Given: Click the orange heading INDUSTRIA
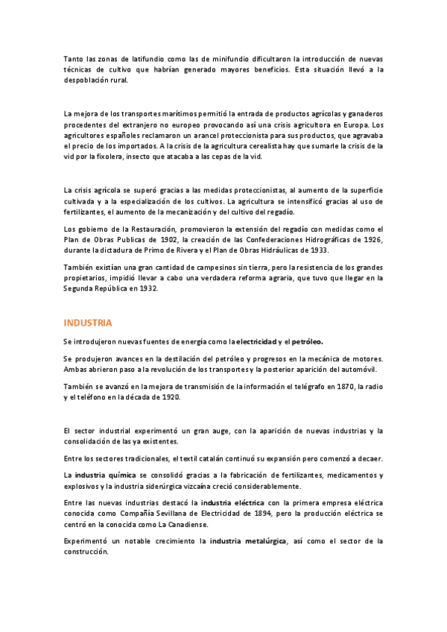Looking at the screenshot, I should (88, 323).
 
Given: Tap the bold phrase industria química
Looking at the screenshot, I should (106, 475).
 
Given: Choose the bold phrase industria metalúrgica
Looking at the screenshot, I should (248, 541).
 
